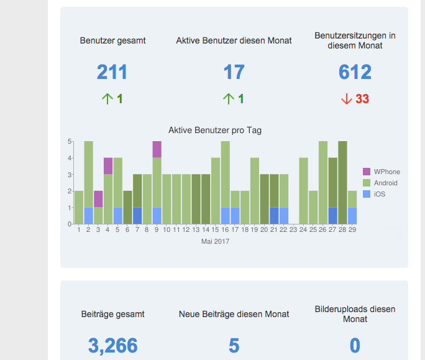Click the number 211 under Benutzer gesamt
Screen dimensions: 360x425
point(112,72)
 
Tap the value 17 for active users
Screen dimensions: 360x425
point(234,72)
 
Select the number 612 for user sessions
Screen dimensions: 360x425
point(355,72)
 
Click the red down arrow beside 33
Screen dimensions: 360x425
point(346,99)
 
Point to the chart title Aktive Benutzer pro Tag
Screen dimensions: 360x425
point(215,131)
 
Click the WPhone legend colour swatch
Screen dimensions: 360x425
point(367,172)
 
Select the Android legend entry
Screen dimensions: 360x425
point(385,183)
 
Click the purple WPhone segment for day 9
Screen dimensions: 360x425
point(157,149)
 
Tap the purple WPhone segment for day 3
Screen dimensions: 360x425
point(98,199)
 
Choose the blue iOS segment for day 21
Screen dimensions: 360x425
point(274,215)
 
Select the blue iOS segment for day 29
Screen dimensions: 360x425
point(352,215)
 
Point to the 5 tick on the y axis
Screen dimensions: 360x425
point(70,141)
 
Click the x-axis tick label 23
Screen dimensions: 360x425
point(293,230)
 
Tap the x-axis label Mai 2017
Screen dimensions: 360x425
point(215,241)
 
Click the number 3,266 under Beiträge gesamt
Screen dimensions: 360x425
point(112,346)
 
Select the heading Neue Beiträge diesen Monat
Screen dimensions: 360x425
point(234,314)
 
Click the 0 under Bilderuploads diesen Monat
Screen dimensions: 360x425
point(355,346)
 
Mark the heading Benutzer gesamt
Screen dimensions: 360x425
point(112,40)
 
